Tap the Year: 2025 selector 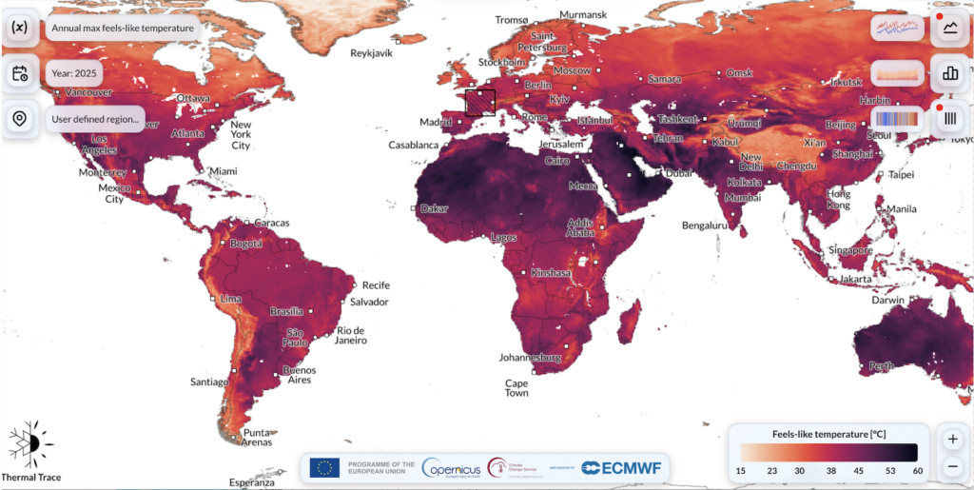click(x=74, y=73)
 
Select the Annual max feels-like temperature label click(x=123, y=28)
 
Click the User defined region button click(x=95, y=119)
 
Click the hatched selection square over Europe click(x=480, y=102)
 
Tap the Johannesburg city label click(x=531, y=358)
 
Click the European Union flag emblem click(x=325, y=467)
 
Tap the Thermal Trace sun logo click(x=30, y=442)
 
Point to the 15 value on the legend click(x=741, y=471)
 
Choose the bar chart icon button click(x=949, y=72)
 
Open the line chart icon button click(x=949, y=28)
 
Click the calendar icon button click(x=19, y=73)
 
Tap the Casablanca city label click(x=414, y=146)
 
